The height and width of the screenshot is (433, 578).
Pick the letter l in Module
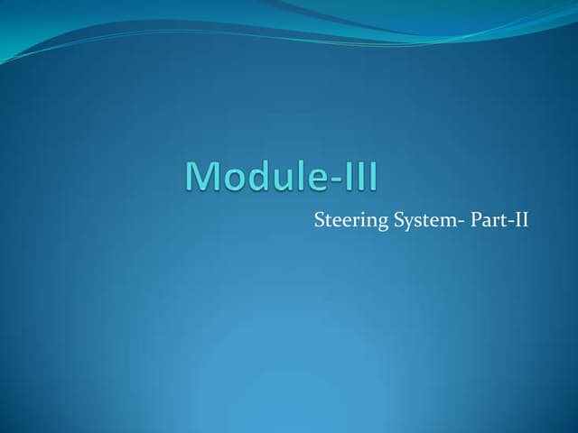coord(300,175)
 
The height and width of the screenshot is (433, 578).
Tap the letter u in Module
coord(281,179)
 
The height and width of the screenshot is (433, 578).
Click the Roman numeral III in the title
coord(363,176)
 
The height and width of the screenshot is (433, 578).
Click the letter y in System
coord(408,221)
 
